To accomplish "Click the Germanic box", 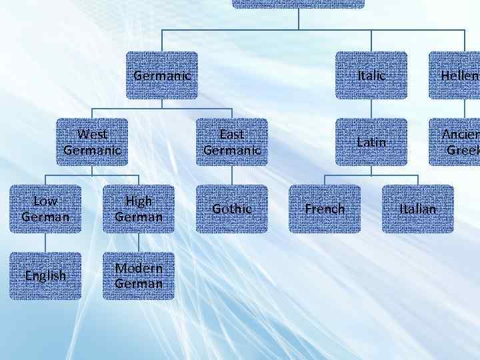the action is pyautogui.click(x=162, y=75).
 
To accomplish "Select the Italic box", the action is pyautogui.click(x=371, y=75).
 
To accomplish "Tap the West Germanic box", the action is pyautogui.click(x=92, y=142).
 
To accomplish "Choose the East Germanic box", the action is pyautogui.click(x=231, y=142).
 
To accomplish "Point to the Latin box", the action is pyautogui.click(x=371, y=142).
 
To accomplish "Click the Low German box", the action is pyautogui.click(x=45, y=209).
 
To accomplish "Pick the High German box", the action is pyautogui.click(x=139, y=209).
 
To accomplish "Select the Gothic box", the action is pyautogui.click(x=231, y=209).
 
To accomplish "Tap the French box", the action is pyautogui.click(x=325, y=209).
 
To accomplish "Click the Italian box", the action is pyautogui.click(x=418, y=209).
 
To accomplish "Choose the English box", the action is pyautogui.click(x=45, y=275).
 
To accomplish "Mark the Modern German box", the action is pyautogui.click(x=139, y=275).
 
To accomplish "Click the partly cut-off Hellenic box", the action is pyautogui.click(x=456, y=75).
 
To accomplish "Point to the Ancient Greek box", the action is pyautogui.click(x=456, y=142).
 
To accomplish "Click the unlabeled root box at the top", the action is pyautogui.click(x=298, y=3).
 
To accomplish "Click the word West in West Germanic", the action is pyautogui.click(x=92, y=134).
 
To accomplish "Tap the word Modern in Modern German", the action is pyautogui.click(x=139, y=267).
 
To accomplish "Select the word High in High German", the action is pyautogui.click(x=139, y=201).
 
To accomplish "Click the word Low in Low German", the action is pyautogui.click(x=45, y=201).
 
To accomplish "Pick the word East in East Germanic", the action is pyautogui.click(x=231, y=134).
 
